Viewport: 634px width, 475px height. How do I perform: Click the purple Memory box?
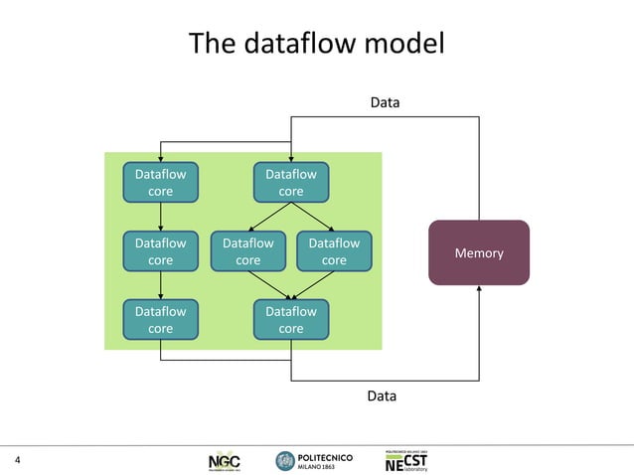(x=478, y=252)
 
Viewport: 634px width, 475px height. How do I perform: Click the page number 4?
(x=17, y=459)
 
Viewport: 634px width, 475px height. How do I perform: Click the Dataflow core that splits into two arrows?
(x=290, y=183)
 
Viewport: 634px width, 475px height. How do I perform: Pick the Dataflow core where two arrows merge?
(x=290, y=319)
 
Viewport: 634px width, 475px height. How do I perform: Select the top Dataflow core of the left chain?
(x=160, y=183)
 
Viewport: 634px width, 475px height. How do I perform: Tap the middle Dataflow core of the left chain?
(x=160, y=251)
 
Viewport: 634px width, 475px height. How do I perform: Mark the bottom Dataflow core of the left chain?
(x=160, y=319)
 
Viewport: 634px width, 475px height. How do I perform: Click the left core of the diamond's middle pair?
(x=247, y=251)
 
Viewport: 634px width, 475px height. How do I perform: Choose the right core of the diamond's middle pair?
(x=334, y=251)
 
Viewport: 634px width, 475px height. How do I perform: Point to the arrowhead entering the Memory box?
(x=479, y=289)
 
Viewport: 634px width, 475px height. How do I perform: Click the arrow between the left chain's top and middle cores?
(x=160, y=217)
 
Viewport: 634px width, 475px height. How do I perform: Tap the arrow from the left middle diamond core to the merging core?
(x=269, y=285)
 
